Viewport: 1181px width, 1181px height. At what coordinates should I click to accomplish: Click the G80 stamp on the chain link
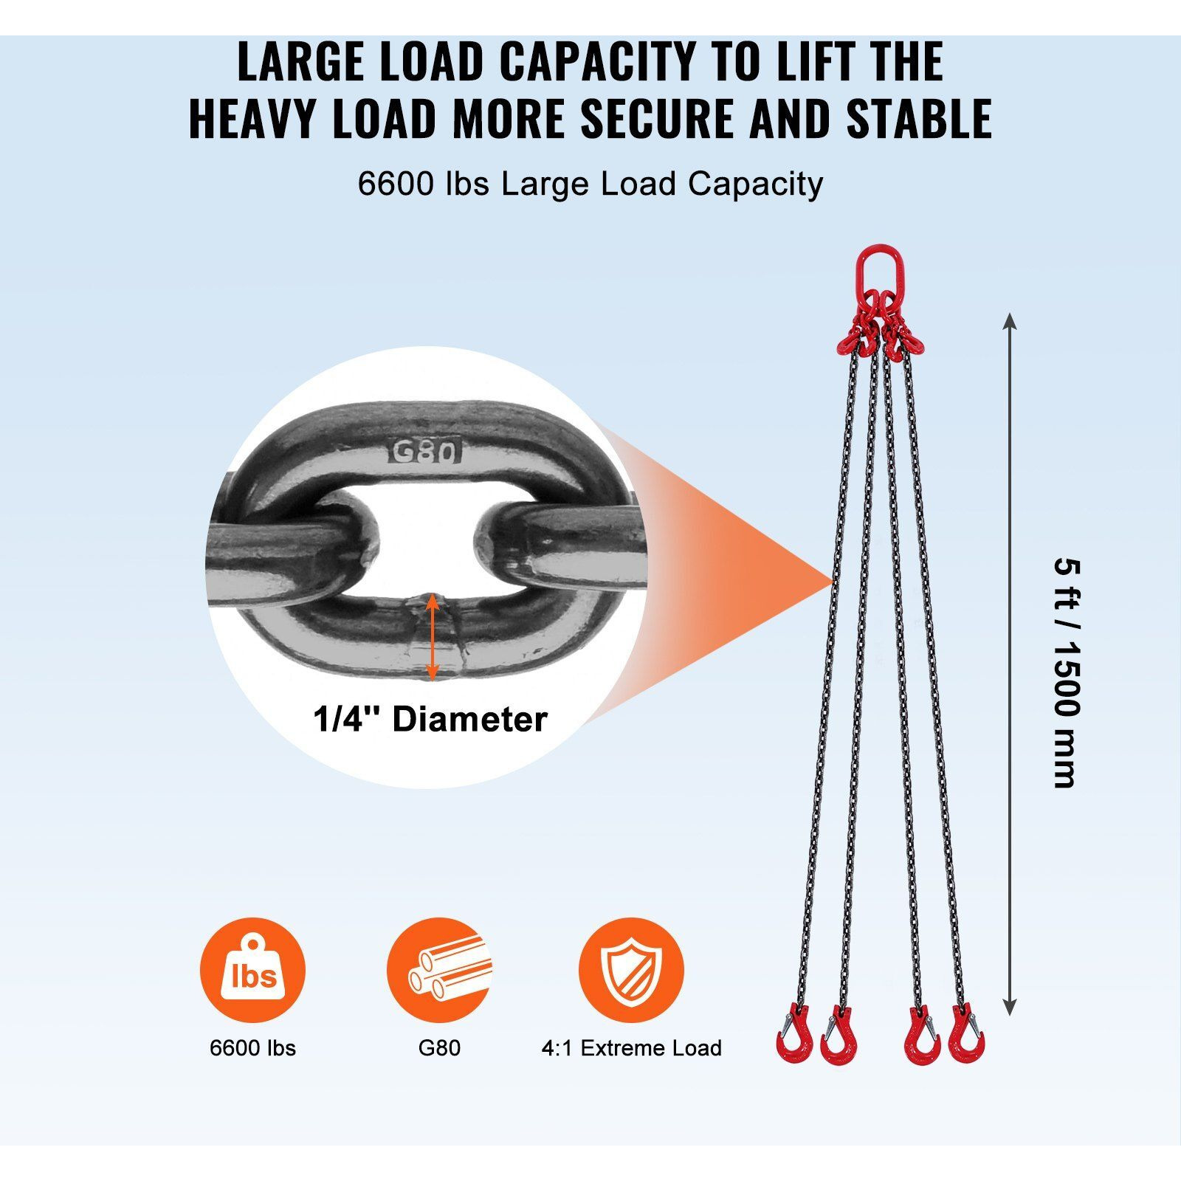pos(426,450)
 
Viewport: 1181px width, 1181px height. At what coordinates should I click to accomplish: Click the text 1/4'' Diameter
pos(430,719)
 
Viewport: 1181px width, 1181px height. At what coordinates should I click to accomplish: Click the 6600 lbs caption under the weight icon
pos(252,1047)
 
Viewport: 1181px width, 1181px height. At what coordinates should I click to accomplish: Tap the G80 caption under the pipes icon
pos(439,1047)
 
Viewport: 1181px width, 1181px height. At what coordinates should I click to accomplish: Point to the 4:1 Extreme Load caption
pos(631,1047)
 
